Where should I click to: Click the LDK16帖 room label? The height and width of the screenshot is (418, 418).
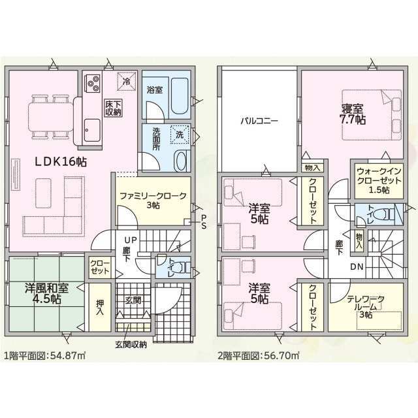point(61,161)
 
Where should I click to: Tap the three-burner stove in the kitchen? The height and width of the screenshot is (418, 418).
point(92,84)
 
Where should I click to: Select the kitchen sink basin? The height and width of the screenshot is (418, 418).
point(92,130)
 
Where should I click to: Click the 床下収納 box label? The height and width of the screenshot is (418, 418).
point(113,108)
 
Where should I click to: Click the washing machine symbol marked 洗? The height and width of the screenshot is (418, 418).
point(180,135)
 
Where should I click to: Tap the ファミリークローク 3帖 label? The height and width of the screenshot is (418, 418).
point(153,201)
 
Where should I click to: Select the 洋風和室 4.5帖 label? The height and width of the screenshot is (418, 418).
point(46,293)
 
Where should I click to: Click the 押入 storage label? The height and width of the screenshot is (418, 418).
point(100,308)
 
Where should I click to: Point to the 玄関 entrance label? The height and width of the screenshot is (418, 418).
point(133,300)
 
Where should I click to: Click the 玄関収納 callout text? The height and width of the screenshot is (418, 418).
point(131,344)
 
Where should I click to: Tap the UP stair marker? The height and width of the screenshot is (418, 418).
point(131,240)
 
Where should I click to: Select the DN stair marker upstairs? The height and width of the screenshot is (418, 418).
point(357,266)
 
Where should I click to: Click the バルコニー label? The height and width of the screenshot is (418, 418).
point(259,121)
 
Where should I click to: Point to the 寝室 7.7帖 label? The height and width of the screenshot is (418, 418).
point(352,114)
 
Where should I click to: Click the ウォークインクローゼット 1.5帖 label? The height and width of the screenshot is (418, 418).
point(379,180)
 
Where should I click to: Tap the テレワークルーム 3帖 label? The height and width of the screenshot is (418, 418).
point(366,307)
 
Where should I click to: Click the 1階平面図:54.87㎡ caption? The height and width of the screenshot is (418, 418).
point(44,355)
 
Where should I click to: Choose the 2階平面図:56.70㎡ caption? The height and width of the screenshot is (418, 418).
point(259,355)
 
